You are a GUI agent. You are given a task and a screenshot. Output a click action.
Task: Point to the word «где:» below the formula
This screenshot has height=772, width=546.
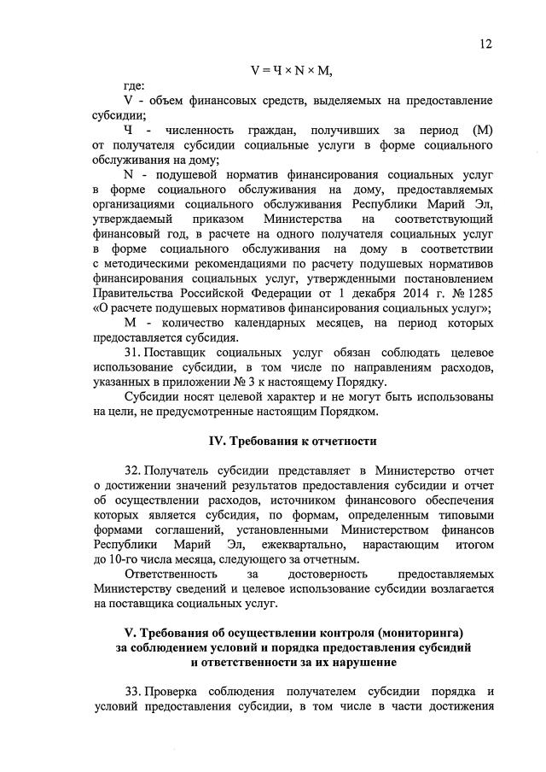134,86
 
